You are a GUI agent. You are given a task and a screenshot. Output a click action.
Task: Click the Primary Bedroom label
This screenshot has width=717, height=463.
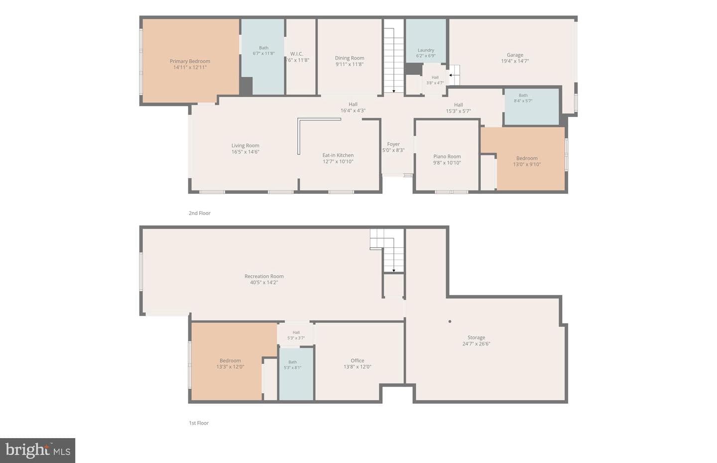tap(190, 61)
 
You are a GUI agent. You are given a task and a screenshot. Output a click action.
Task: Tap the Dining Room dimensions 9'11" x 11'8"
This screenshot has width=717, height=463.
tap(349, 64)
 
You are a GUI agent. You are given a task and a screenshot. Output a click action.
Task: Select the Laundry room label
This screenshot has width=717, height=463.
tap(426, 50)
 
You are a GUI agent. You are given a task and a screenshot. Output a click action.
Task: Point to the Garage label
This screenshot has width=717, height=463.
tap(515, 55)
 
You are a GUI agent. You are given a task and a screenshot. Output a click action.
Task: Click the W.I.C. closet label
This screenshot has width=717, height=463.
tap(296, 54)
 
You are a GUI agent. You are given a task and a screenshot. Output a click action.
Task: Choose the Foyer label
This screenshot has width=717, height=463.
tap(393, 144)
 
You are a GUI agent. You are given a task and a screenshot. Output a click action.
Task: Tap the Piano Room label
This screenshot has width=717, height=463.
tap(447, 156)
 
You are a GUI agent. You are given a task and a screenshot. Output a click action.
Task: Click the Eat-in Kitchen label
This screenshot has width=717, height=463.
tap(338, 155)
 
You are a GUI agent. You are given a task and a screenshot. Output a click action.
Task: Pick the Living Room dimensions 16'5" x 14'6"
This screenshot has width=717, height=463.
tap(245, 152)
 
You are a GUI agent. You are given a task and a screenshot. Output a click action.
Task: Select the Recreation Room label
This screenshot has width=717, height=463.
tap(264, 276)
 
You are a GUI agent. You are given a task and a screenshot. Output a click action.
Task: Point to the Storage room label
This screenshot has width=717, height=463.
tap(476, 337)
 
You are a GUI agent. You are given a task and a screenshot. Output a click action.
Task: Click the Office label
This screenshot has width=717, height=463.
tap(357, 360)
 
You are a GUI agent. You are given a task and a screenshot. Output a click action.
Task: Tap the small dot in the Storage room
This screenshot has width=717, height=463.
tap(450, 321)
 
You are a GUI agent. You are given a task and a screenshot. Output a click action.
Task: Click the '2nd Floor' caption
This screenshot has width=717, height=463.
tap(199, 213)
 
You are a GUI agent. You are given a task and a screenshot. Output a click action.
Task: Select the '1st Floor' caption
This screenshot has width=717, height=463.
tap(199, 423)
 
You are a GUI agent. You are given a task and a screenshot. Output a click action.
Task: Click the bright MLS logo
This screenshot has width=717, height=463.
tap(38, 451)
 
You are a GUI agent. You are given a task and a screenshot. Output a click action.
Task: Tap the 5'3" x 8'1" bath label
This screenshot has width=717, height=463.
tap(292, 365)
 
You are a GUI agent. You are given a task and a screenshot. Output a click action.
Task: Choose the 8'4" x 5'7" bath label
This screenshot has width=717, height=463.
tap(523, 98)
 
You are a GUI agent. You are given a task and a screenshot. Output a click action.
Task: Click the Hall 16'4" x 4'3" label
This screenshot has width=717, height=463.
tap(353, 107)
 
